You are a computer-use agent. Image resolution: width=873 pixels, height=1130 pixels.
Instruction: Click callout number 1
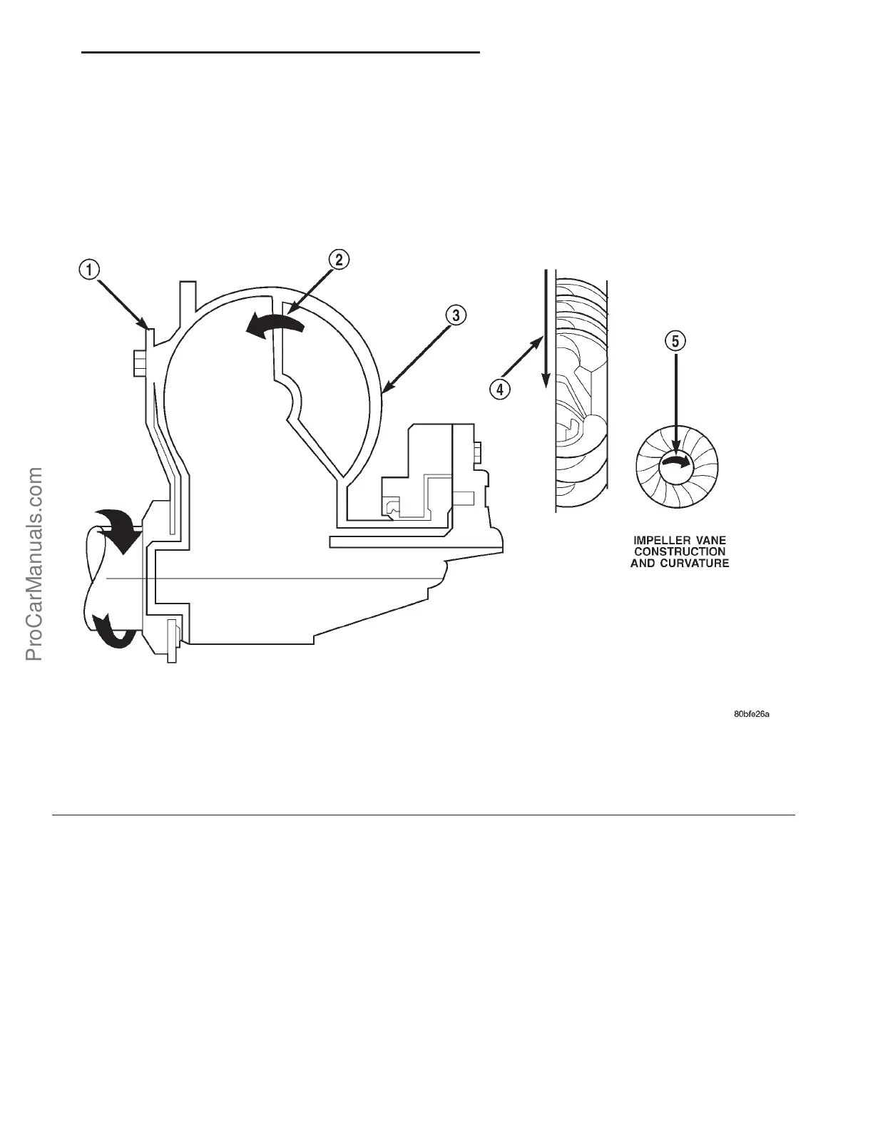tap(89, 270)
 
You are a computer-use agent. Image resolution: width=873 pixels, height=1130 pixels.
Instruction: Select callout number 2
tap(339, 260)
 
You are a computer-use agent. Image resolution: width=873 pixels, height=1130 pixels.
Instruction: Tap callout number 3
tap(456, 314)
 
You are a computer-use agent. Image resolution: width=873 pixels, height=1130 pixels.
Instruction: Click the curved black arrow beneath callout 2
tap(275, 325)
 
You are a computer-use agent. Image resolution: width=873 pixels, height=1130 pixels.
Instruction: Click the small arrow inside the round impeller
tap(676, 463)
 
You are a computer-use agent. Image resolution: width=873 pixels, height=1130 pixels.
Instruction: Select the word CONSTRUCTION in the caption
tap(680, 551)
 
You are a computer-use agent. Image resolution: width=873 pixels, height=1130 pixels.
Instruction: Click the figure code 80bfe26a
tap(752, 713)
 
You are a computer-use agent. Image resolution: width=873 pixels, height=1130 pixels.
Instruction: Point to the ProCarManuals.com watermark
tap(34, 564)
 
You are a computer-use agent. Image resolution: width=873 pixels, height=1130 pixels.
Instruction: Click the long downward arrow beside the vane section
tap(546, 328)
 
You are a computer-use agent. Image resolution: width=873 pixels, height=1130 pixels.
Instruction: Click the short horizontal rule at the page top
tap(280, 52)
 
